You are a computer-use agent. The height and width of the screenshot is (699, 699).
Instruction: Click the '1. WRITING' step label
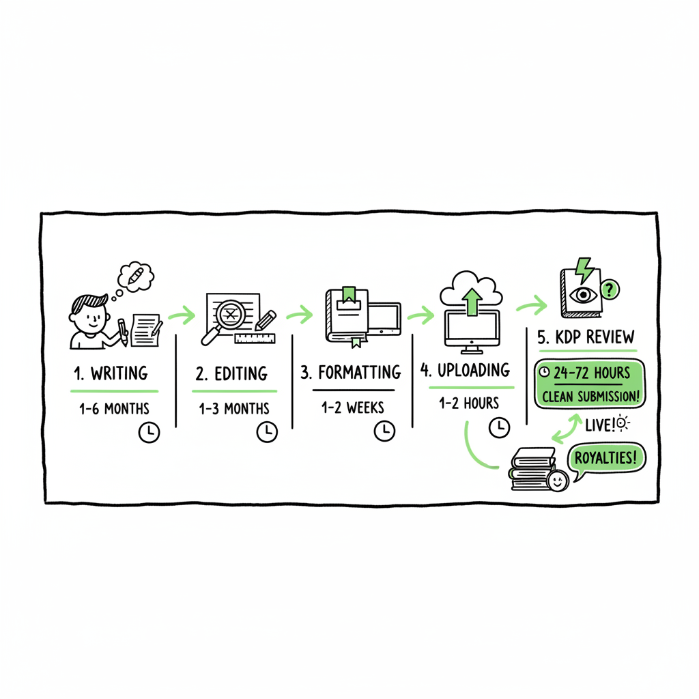pyautogui.click(x=111, y=373)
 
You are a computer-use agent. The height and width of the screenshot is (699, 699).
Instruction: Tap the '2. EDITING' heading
pyautogui.click(x=231, y=374)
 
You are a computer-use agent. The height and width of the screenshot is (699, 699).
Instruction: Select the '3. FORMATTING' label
pyautogui.click(x=350, y=373)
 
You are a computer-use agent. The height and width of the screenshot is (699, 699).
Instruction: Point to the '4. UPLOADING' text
pyautogui.click(x=465, y=370)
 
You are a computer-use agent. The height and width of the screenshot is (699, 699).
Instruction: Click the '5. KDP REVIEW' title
pyautogui.click(x=586, y=337)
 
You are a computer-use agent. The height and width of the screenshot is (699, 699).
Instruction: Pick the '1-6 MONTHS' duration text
pyautogui.click(x=114, y=409)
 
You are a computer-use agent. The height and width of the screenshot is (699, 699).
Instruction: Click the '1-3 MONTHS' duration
pyautogui.click(x=233, y=409)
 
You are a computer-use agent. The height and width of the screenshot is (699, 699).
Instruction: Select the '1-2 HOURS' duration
pyautogui.click(x=469, y=403)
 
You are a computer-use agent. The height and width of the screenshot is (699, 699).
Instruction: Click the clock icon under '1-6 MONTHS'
pyautogui.click(x=149, y=432)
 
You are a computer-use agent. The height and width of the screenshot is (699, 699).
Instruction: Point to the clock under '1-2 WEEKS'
pyautogui.click(x=385, y=431)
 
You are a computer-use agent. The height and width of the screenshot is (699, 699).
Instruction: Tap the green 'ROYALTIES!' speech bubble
pyautogui.click(x=606, y=459)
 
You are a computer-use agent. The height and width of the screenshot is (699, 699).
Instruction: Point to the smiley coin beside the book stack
pyautogui.click(x=556, y=481)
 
